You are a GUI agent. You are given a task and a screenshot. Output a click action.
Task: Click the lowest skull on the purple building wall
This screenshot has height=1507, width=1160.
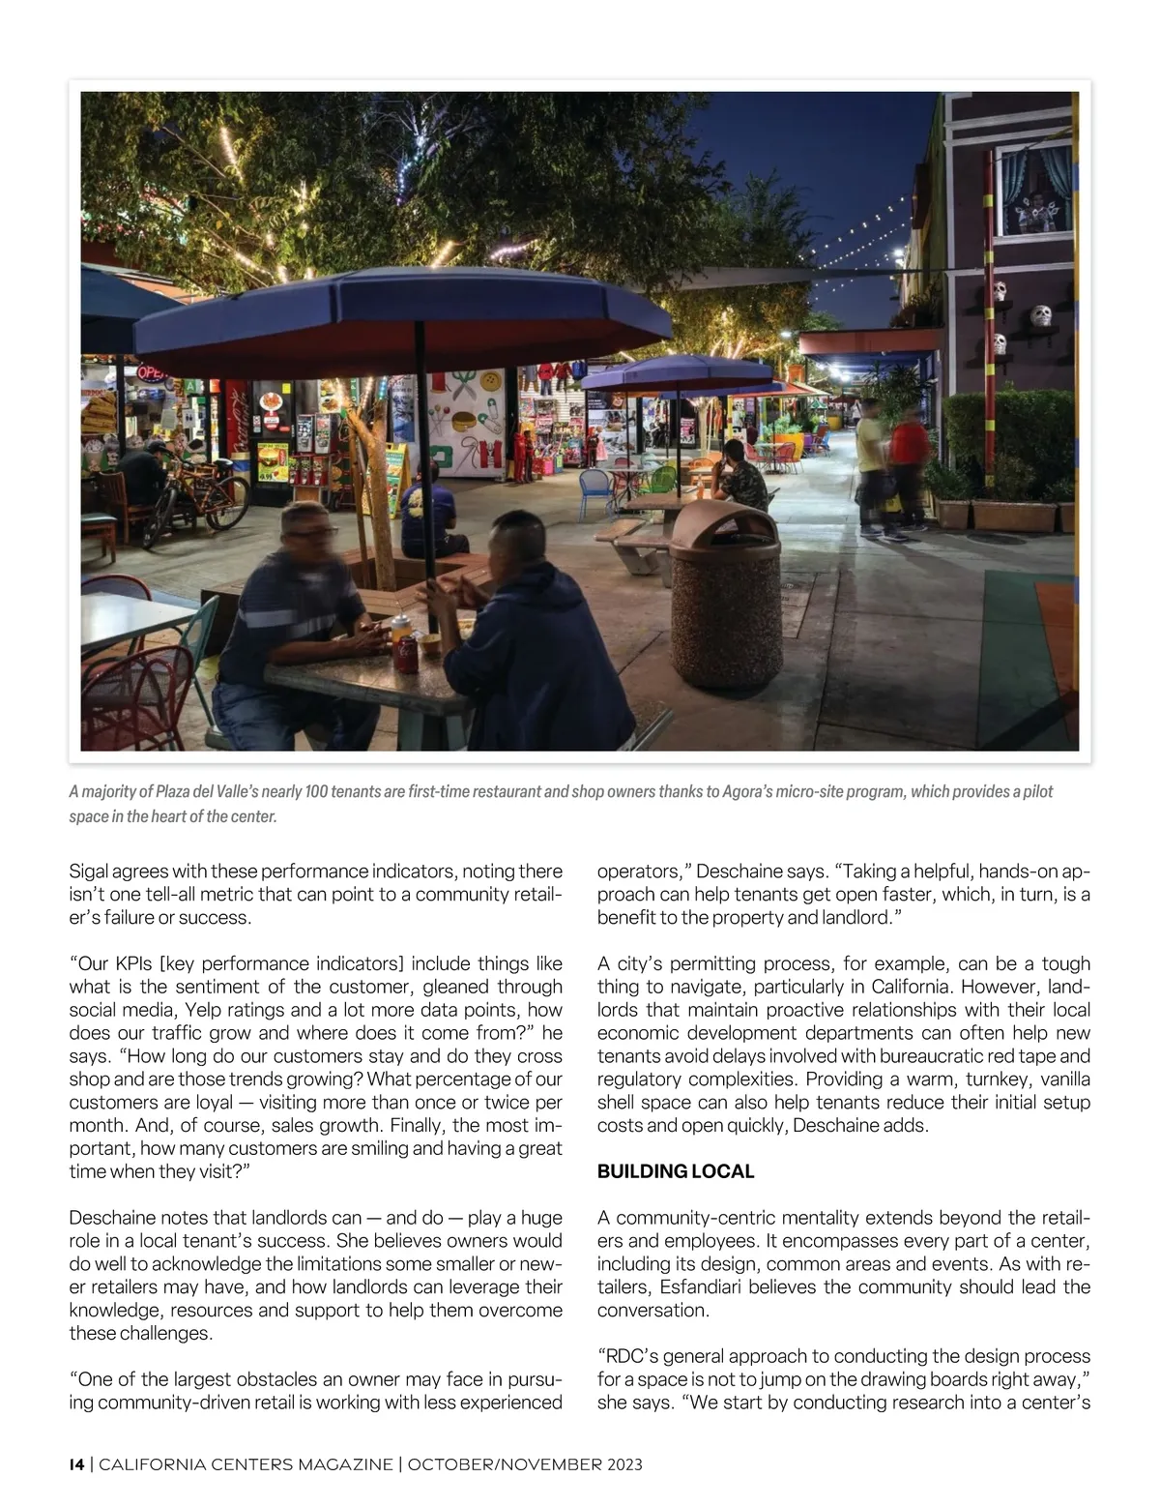[1000, 343]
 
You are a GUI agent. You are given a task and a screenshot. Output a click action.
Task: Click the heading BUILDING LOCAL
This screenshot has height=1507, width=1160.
[675, 1171]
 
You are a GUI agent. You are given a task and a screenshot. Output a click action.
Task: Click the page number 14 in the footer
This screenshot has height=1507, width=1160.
[76, 1464]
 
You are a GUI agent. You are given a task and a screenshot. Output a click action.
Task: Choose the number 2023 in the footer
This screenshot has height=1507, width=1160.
[624, 1464]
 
